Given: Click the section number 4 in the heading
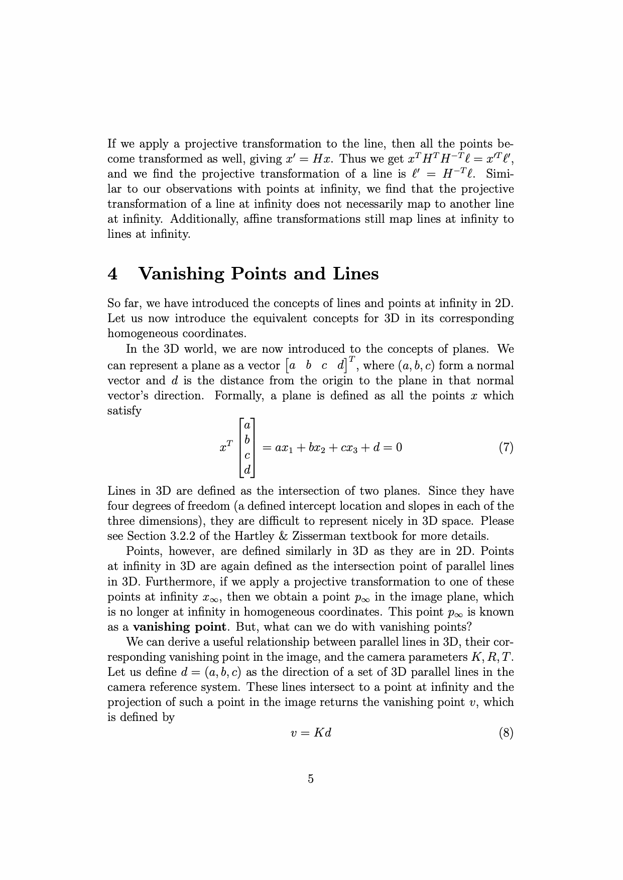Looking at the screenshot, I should click(x=113, y=274).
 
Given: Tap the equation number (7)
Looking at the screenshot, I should click(x=506, y=447).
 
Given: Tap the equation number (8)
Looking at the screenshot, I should click(x=506, y=733).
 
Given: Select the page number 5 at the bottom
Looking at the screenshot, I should click(x=311, y=779).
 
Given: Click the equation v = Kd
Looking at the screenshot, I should click(x=311, y=733).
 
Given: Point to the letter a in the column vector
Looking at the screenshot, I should click(x=247, y=425).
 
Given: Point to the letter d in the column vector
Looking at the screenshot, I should click(x=247, y=470).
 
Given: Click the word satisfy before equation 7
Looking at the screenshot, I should click(x=124, y=411).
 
